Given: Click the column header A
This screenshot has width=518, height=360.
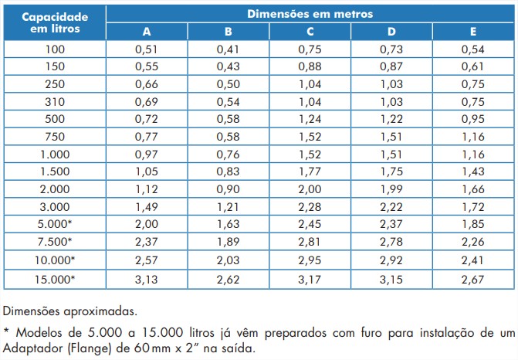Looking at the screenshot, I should (146, 32).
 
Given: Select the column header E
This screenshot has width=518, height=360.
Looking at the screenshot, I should (472, 32).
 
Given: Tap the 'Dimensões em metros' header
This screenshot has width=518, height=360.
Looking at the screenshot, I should (310, 14).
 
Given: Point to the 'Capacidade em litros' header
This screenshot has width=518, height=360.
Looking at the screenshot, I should (54, 22).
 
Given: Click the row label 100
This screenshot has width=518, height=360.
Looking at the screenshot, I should (54, 49).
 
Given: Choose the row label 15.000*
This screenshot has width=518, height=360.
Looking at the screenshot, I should (54, 278).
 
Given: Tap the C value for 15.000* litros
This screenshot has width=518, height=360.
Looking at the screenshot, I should (310, 278).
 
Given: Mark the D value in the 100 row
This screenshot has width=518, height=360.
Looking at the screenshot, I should (391, 49).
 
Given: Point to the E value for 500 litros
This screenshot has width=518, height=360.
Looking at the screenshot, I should (472, 120).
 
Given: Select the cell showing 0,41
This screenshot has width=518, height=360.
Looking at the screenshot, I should (228, 49).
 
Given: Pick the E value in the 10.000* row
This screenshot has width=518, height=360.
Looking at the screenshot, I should (472, 261).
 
